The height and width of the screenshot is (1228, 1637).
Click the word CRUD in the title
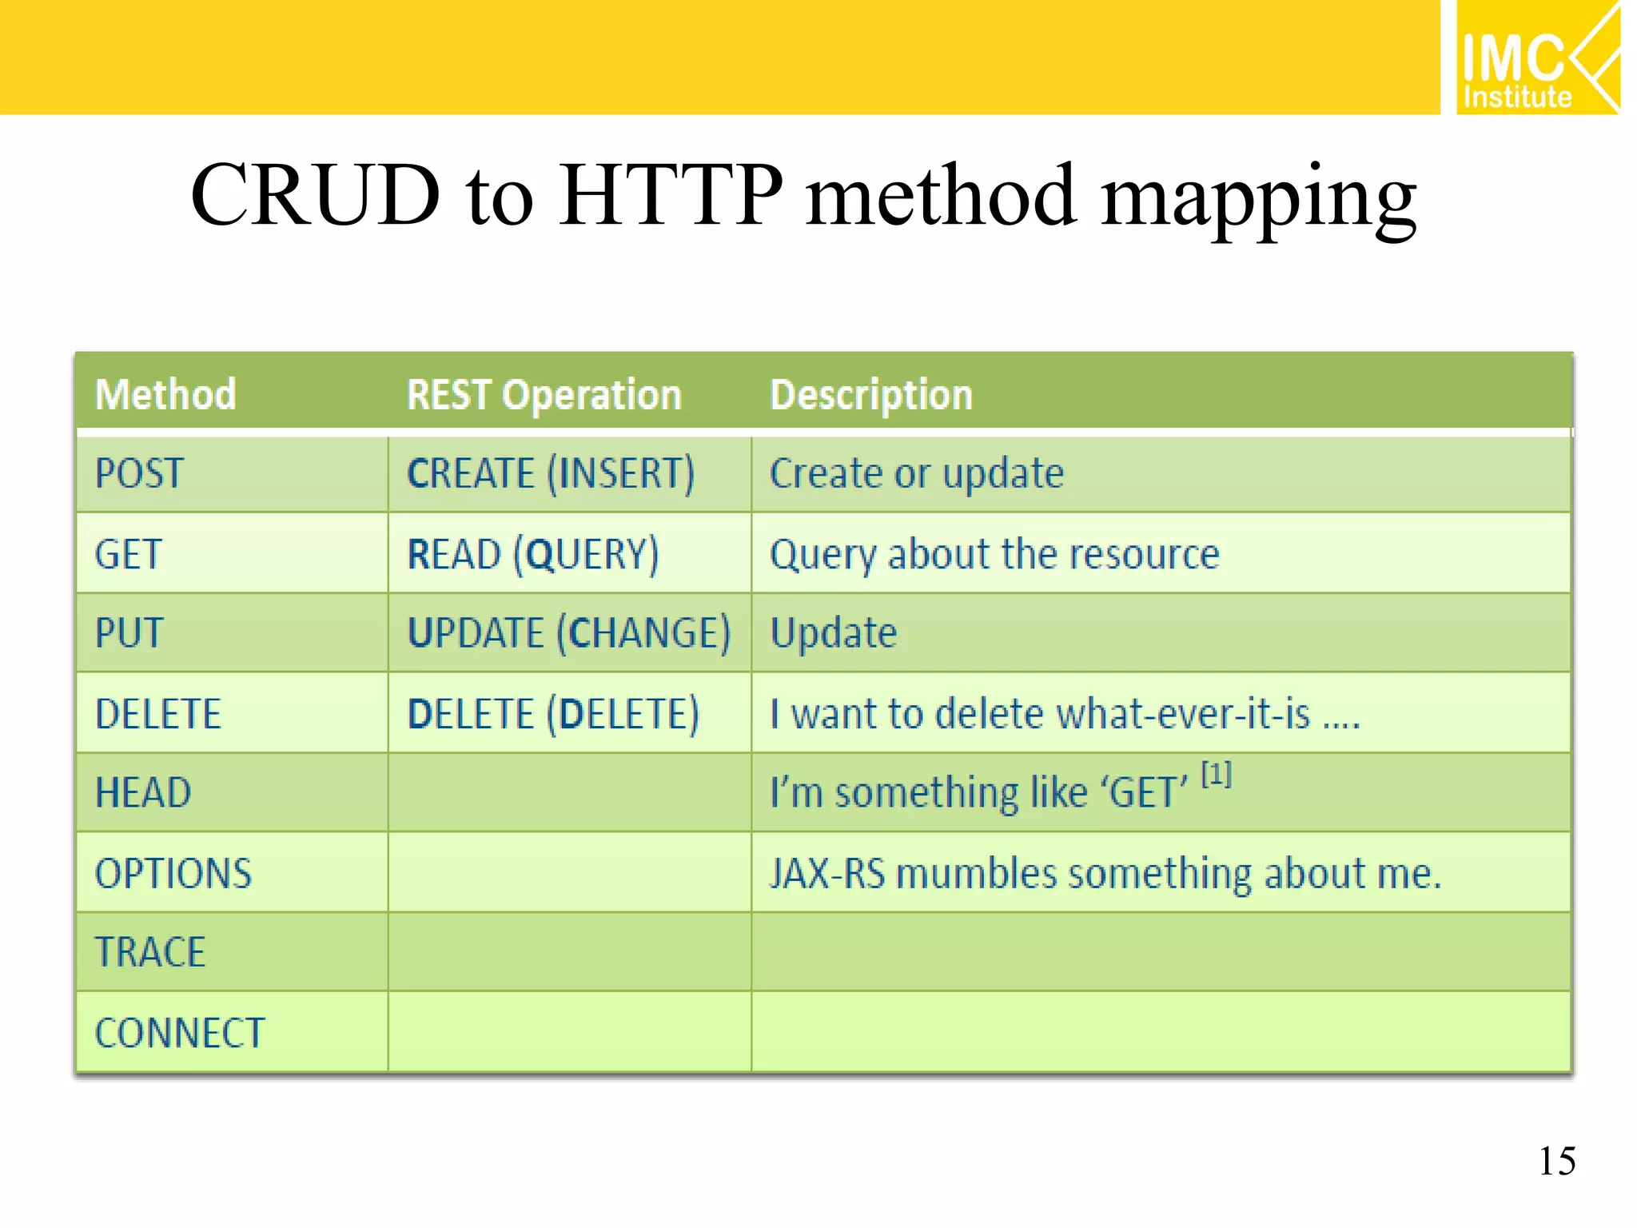pos(315,195)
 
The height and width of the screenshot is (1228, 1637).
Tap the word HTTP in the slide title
pos(670,195)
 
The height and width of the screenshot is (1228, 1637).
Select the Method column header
pos(165,394)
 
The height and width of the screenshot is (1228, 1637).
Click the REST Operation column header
pos(544,394)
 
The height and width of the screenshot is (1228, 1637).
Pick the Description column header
pos(870,394)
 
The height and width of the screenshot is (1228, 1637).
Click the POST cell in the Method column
pos(140,473)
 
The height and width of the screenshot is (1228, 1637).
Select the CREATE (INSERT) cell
pos(551,473)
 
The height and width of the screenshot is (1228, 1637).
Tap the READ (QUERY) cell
pos(533,554)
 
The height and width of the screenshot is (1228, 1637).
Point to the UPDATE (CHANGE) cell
pos(568,633)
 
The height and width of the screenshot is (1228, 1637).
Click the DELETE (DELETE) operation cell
pos(552,713)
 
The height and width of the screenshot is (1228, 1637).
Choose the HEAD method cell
pos(143,793)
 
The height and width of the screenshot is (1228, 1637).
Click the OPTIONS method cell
pos(173,873)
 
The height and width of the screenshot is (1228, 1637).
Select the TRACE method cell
pos(150,952)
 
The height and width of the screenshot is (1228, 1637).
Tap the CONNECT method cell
pos(180,1033)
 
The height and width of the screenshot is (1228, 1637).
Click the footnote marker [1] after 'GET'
pos(1217,774)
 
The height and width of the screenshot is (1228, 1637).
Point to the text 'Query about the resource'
pos(994,554)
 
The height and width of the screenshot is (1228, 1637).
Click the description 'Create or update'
pos(916,473)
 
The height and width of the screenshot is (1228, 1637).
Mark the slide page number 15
pos(1557,1161)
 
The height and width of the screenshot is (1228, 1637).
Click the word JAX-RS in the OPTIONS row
pos(827,873)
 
